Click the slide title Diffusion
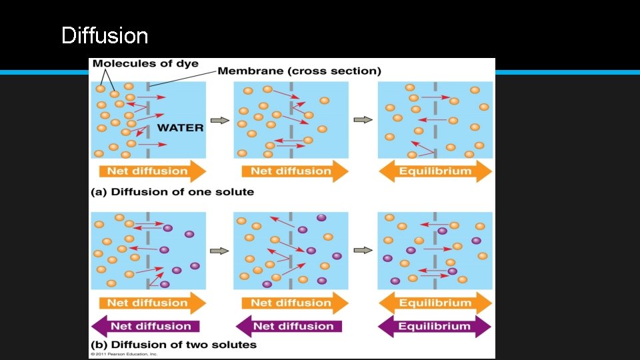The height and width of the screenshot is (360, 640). pos(105,35)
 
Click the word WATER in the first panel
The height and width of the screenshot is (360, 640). pos(180,127)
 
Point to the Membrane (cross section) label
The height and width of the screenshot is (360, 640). pos(300,71)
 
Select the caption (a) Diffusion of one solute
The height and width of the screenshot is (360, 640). pos(173,192)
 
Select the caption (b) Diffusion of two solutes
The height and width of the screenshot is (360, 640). pos(174,345)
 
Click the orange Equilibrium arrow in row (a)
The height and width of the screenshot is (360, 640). pos(435,171)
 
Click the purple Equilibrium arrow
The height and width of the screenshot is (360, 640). pos(435,327)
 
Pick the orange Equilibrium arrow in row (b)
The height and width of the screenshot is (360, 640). pos(435,303)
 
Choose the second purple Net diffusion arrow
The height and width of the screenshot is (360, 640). pos(291,327)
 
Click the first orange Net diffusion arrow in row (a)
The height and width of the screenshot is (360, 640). pos(148,171)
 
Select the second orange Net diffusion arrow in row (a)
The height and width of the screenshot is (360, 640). pos(291,171)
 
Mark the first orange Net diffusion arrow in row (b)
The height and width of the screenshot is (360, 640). pos(148,303)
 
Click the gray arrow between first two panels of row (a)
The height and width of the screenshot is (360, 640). pos(219,121)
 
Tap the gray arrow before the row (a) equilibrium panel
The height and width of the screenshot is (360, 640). pos(363,120)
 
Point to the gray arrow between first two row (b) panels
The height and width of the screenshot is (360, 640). pos(219,251)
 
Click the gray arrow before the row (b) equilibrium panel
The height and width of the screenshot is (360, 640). pos(363,251)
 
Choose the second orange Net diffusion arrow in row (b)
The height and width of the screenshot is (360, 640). pos(291,303)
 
